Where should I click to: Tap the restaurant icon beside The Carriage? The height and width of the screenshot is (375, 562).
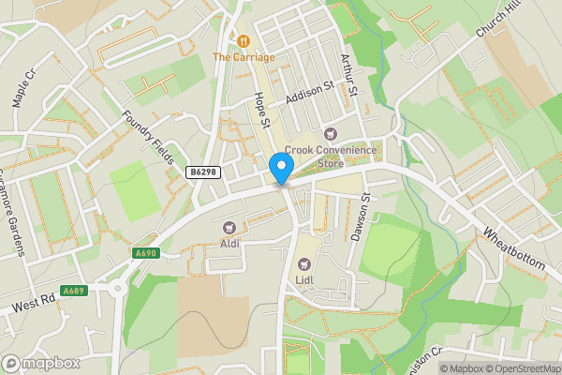click(244, 41)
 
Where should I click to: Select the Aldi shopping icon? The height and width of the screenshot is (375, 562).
click(229, 228)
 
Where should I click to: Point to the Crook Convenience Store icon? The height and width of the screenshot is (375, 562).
click(330, 135)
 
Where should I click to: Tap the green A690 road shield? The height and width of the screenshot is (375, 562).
click(146, 253)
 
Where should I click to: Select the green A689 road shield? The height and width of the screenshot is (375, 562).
click(74, 291)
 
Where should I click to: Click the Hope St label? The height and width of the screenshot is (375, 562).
click(262, 110)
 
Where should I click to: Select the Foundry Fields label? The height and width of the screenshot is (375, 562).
click(149, 137)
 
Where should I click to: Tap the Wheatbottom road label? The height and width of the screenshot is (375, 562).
click(514, 248)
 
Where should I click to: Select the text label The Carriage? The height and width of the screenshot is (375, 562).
click(244, 57)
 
